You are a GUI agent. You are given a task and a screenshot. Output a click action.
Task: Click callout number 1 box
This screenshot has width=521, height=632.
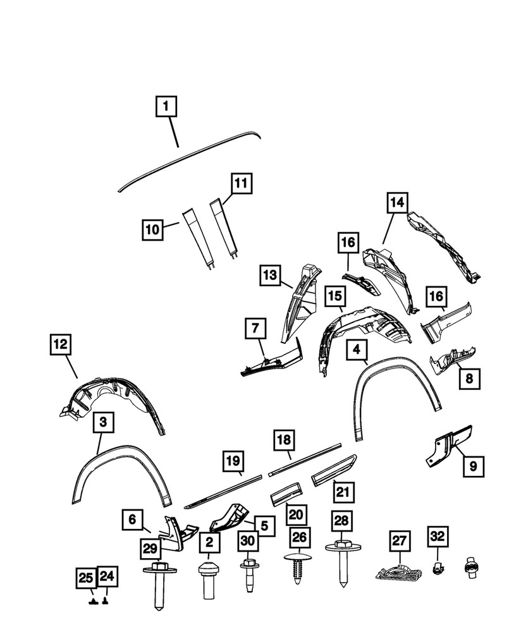(165, 107)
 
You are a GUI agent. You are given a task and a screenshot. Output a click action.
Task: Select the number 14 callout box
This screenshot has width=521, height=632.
(396, 204)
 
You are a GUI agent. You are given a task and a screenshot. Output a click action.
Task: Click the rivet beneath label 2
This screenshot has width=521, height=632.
(209, 575)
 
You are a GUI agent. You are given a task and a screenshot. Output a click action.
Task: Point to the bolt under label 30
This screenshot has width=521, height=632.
(248, 572)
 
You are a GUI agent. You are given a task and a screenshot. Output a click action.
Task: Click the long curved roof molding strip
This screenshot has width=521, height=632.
(190, 159)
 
